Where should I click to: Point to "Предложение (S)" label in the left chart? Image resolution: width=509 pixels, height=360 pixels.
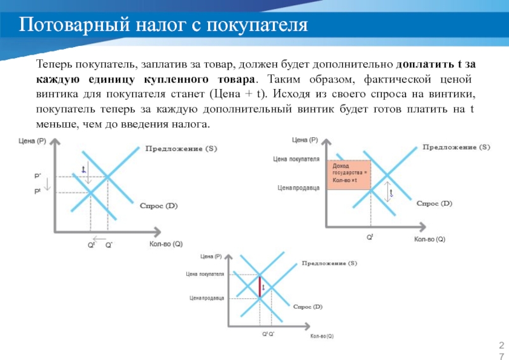pyautogui.click(x=181, y=149)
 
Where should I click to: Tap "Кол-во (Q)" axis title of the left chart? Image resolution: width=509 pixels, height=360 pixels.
pyautogui.click(x=166, y=244)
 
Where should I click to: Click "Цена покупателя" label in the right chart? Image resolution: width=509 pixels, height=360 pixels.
pyautogui.click(x=296, y=159)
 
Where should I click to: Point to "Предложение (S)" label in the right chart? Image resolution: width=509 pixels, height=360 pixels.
pyautogui.click(x=456, y=147)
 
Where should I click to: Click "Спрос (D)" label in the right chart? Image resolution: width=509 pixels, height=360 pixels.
pyautogui.click(x=434, y=204)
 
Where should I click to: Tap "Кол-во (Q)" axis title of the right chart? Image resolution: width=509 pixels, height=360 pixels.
pyautogui.click(x=430, y=239)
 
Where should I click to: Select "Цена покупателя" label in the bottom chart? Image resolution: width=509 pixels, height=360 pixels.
pyautogui.click(x=205, y=274)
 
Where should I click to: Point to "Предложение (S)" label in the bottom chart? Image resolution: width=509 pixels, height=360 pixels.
pyautogui.click(x=329, y=263)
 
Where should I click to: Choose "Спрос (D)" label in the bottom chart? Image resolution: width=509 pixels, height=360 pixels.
pyautogui.click(x=308, y=307)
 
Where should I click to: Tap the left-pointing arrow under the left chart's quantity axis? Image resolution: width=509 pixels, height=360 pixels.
pyautogui.click(x=99, y=238)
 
